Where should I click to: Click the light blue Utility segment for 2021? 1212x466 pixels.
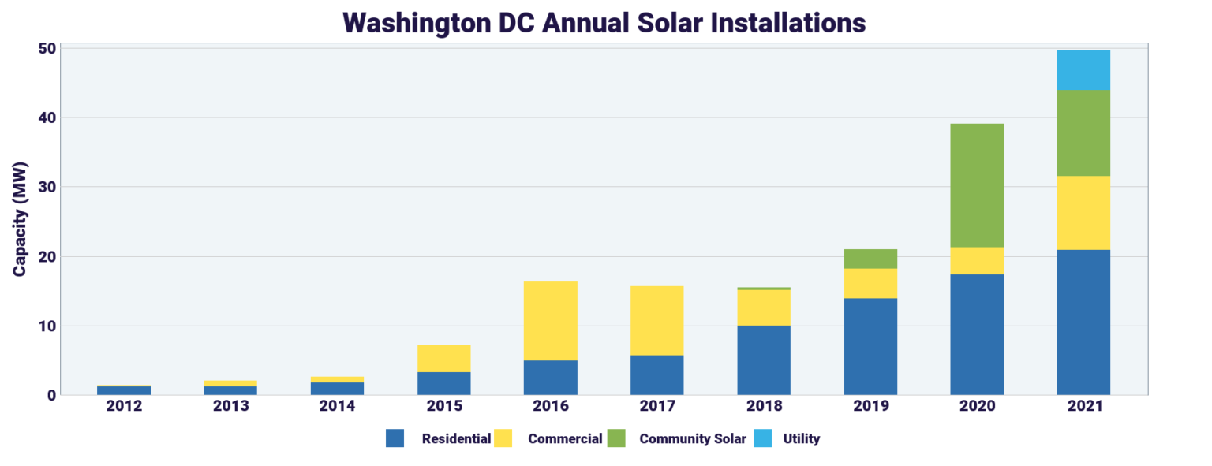coord(1083,69)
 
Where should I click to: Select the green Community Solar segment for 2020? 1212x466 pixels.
coord(977,185)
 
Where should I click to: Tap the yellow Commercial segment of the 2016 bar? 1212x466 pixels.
coord(550,321)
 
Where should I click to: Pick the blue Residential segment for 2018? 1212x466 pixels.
coord(764,360)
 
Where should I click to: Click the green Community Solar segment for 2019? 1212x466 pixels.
coord(870,259)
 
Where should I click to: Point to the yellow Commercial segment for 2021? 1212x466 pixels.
coord(1083,213)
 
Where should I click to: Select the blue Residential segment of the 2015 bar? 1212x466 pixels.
coord(443,383)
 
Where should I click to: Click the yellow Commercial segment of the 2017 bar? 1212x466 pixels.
coord(656,321)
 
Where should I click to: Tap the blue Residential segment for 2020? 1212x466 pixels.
coord(977,334)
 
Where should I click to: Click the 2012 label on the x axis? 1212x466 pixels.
coord(124,406)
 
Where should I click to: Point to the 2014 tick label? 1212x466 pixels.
coord(337,406)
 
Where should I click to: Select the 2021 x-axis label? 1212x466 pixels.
coord(1083,406)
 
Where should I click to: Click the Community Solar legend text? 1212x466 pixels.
coord(692,438)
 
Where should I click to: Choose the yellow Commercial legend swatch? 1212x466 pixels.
coord(503,438)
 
